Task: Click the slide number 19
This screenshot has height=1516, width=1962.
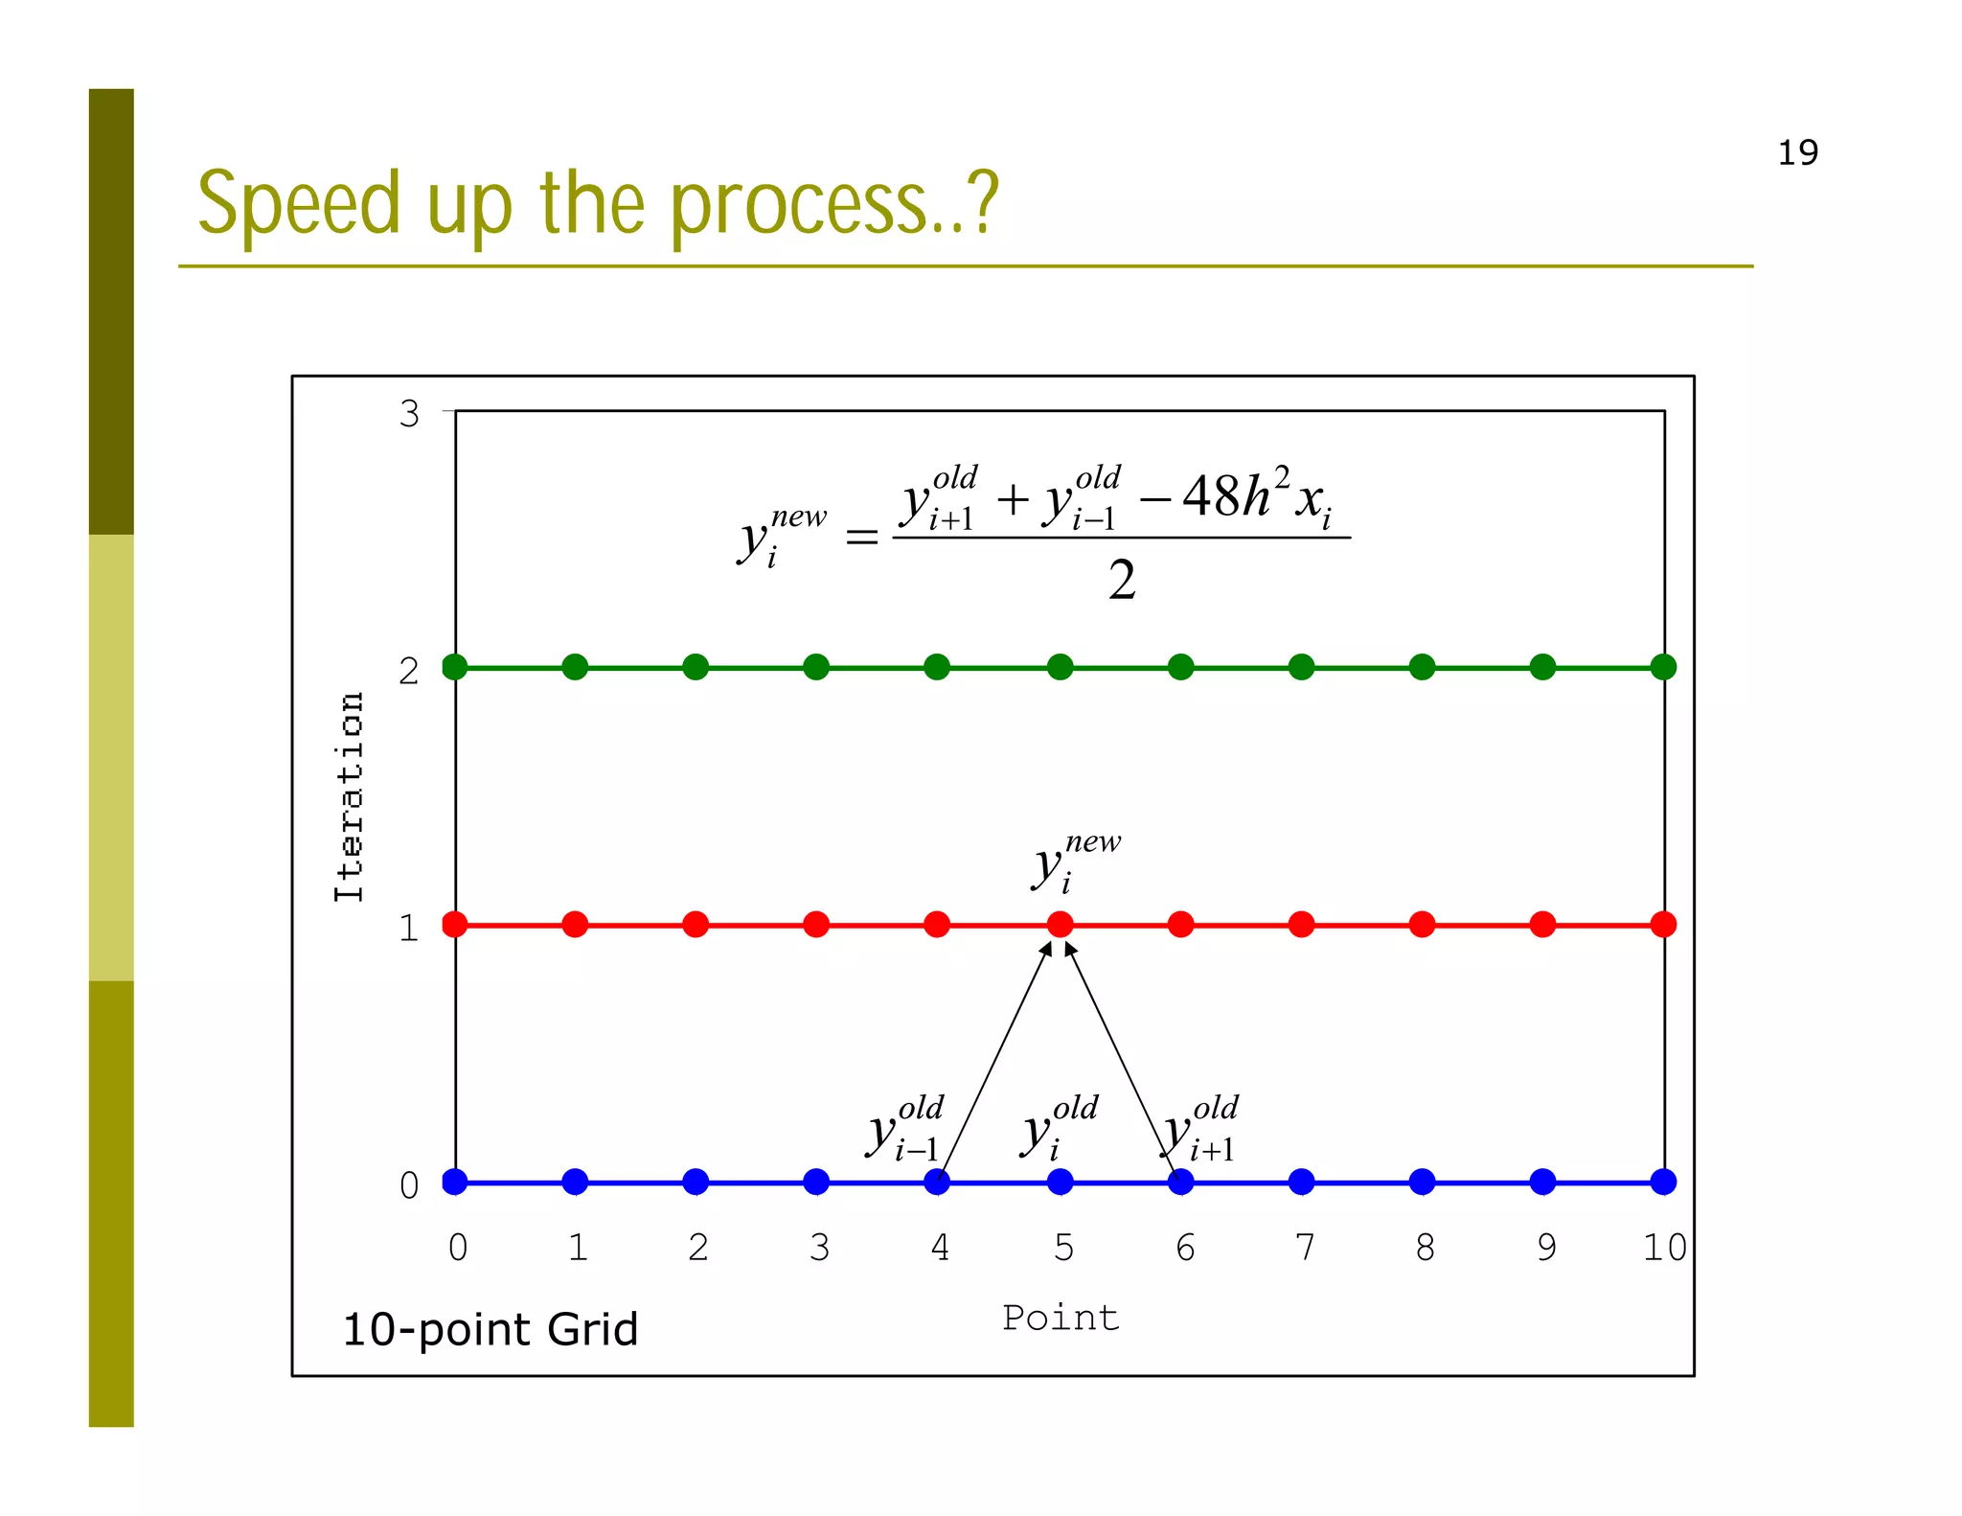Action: point(1797,153)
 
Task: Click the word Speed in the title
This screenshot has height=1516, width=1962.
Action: point(298,203)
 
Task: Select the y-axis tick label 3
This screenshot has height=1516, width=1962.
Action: point(409,414)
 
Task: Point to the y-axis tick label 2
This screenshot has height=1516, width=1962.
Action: point(409,671)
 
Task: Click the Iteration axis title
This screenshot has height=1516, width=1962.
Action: point(350,796)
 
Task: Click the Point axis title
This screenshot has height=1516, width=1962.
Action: point(1061,1318)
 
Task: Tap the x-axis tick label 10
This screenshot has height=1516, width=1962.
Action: point(1664,1248)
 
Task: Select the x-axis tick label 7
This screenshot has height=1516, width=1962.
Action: point(1304,1248)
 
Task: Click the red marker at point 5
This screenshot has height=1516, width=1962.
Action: point(1060,925)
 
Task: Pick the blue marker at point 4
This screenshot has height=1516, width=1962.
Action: point(937,1182)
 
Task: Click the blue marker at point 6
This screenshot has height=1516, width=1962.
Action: point(1180,1182)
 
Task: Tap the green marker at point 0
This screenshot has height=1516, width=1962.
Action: point(455,667)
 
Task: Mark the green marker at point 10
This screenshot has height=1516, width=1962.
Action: point(1664,667)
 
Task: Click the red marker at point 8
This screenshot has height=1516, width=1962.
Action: point(1422,925)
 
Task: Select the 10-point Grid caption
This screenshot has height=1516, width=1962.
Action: point(490,1330)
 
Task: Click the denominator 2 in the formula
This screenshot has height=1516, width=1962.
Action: point(1122,581)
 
